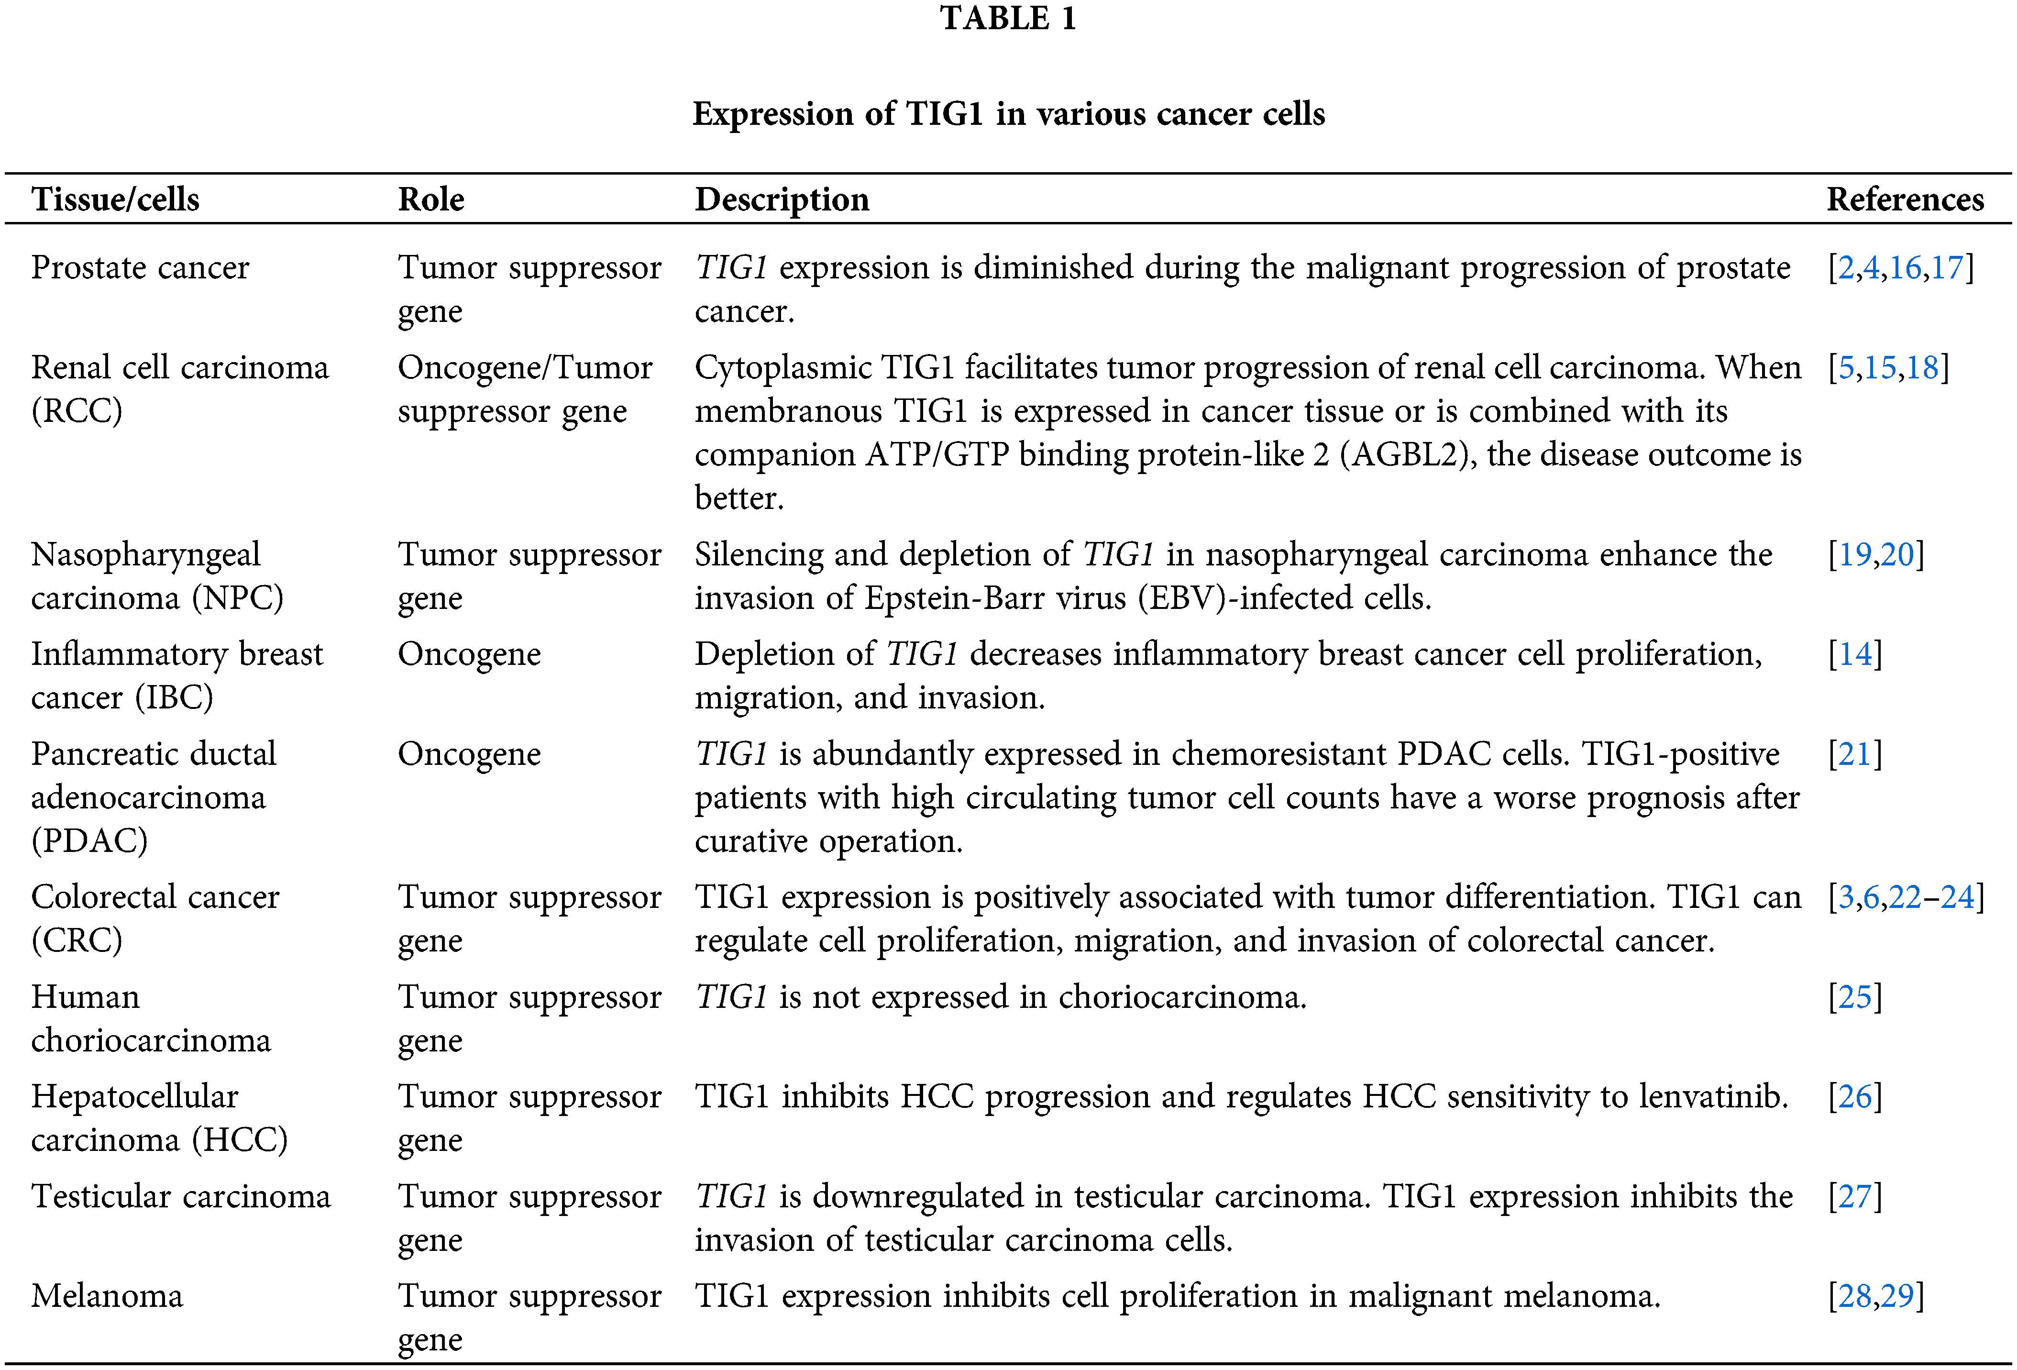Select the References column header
pos(1905,199)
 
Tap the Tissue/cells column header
pos(115,199)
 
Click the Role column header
pos(431,199)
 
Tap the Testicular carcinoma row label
pos(180,1196)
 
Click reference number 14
pos(1855,654)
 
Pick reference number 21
pos(1855,753)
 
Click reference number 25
pos(1855,997)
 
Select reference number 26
pos(1855,1096)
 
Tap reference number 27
pos(1855,1196)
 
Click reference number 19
pos(1855,554)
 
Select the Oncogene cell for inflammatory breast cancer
pos(469,654)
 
